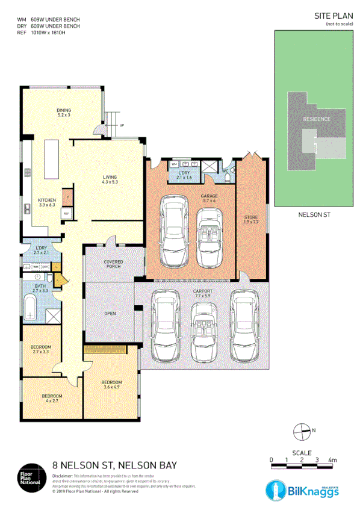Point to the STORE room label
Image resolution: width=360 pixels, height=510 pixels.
point(250,219)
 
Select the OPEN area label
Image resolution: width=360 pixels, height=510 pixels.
point(110,313)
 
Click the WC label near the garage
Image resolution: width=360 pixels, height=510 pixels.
point(225,170)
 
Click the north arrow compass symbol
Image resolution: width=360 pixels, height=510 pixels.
point(301,430)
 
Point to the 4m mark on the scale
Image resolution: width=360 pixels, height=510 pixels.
point(332,460)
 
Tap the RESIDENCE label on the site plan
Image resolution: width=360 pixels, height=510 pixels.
point(316,119)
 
